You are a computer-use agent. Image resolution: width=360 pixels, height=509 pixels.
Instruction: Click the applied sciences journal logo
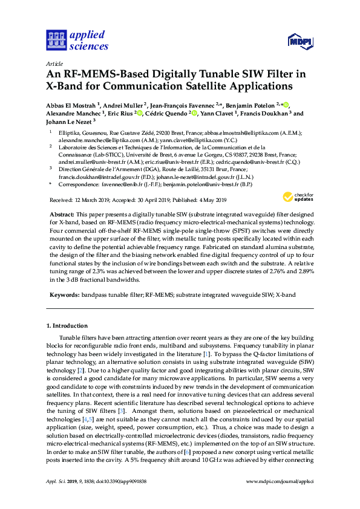pyautogui.click(x=77, y=41)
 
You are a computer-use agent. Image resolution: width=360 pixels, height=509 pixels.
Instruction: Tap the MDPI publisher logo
pyautogui.click(x=299, y=41)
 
